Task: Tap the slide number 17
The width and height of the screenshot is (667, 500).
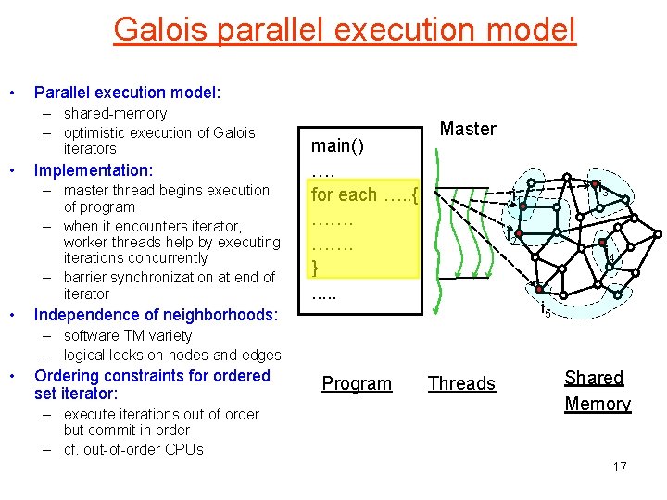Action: (620, 467)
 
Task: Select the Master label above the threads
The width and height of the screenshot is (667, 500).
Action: (468, 129)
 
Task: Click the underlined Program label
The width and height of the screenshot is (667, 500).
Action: (357, 383)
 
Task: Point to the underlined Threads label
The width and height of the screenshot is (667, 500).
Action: (461, 383)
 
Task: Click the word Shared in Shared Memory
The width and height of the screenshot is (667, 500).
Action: (594, 378)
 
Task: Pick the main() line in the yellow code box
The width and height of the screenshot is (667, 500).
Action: (337, 145)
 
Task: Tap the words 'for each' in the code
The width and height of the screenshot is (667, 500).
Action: (344, 194)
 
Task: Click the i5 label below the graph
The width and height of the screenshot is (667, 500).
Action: (547, 311)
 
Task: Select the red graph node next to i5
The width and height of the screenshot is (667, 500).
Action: (538, 290)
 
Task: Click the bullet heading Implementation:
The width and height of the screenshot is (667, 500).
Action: (93, 170)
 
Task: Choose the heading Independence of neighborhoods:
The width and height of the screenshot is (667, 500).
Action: (156, 315)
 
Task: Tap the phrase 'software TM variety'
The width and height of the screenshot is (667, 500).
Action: (128, 336)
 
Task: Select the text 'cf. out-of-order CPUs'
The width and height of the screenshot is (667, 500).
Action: (133, 450)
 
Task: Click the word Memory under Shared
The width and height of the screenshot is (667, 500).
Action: (598, 404)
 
